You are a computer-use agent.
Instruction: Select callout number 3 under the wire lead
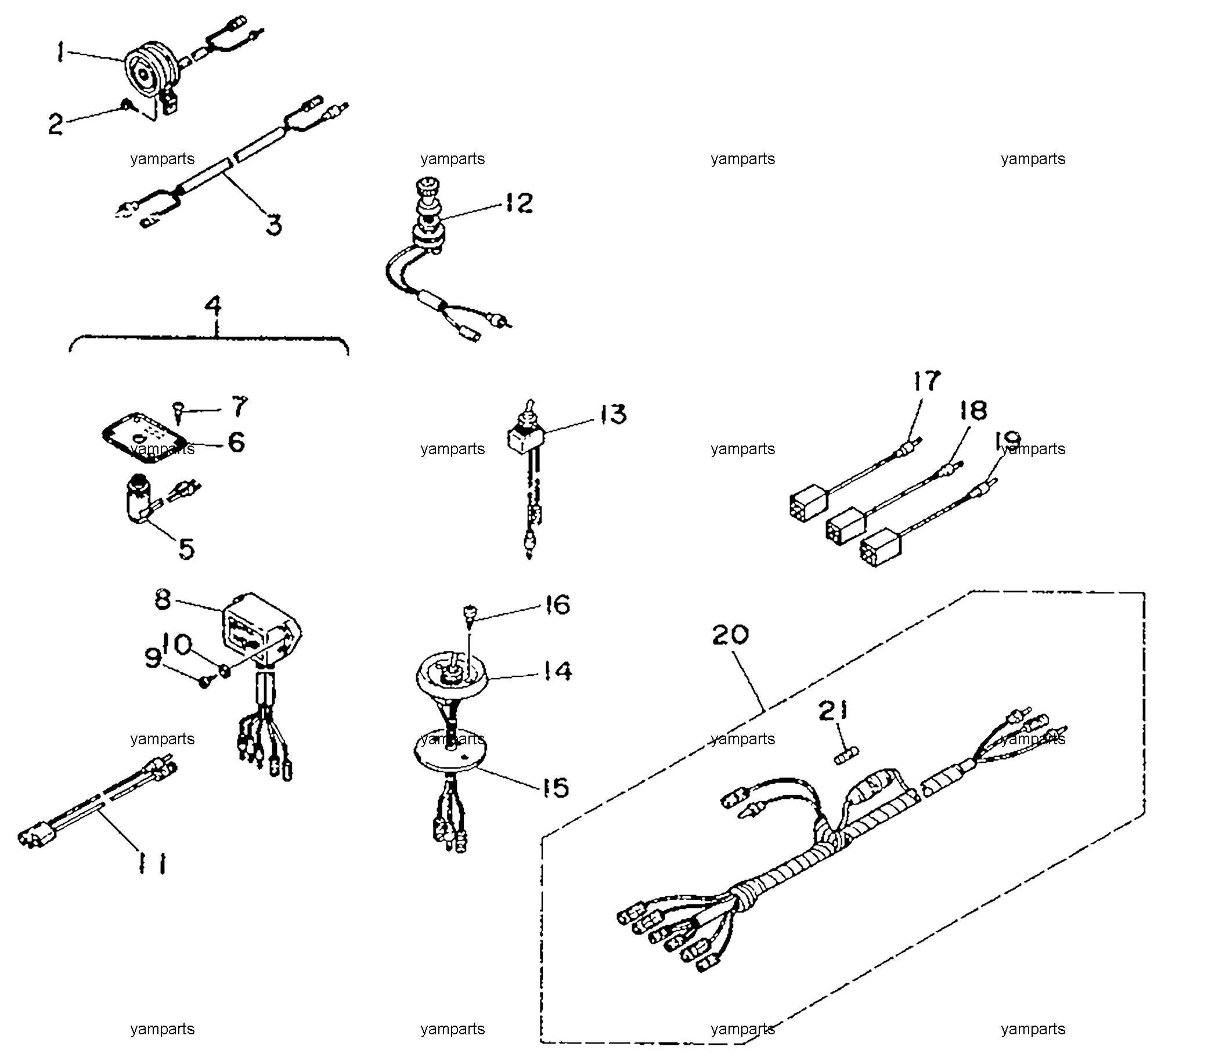[273, 225]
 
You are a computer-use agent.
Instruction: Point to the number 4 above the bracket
[214, 306]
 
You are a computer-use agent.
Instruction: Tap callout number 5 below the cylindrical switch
[186, 548]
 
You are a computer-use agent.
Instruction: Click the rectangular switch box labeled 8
[262, 631]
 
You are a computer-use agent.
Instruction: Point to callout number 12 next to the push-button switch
[519, 202]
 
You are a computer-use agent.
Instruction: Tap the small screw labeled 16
[471, 615]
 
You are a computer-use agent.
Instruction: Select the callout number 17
[926, 381]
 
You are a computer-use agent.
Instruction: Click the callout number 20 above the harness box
[731, 635]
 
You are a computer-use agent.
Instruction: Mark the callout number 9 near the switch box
[153, 658]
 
